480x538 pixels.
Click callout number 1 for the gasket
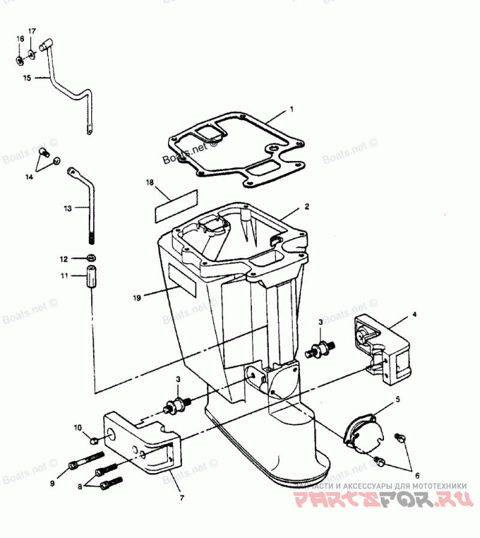[x=292, y=110]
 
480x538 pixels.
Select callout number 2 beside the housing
[x=307, y=206]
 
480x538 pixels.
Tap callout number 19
[x=137, y=297]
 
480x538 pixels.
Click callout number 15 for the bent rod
[x=26, y=78]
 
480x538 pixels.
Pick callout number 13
[x=68, y=208]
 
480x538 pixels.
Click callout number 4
[x=414, y=314]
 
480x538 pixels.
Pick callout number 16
[x=20, y=38]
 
